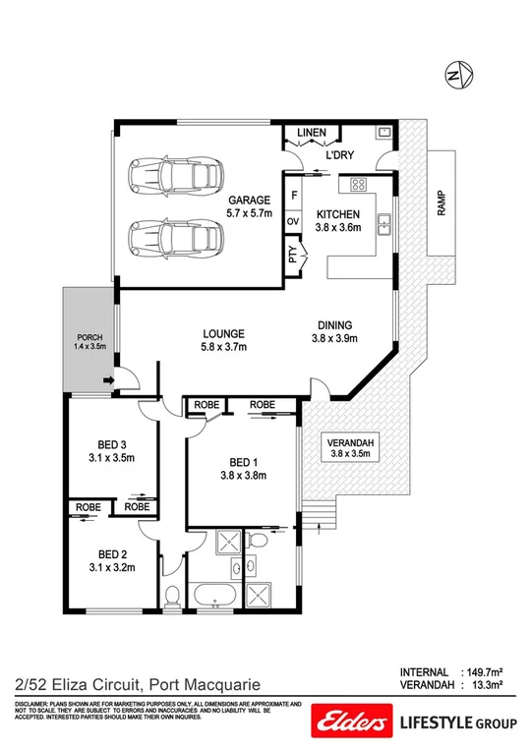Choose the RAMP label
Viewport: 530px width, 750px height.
[442, 202]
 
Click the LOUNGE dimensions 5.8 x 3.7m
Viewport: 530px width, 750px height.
[222, 346]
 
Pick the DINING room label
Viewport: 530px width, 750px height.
[334, 326]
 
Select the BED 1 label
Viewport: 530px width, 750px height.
[241, 462]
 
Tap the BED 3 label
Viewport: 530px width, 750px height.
[109, 443]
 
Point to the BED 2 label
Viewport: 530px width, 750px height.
[109, 552]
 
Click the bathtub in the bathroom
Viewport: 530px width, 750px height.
[212, 596]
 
